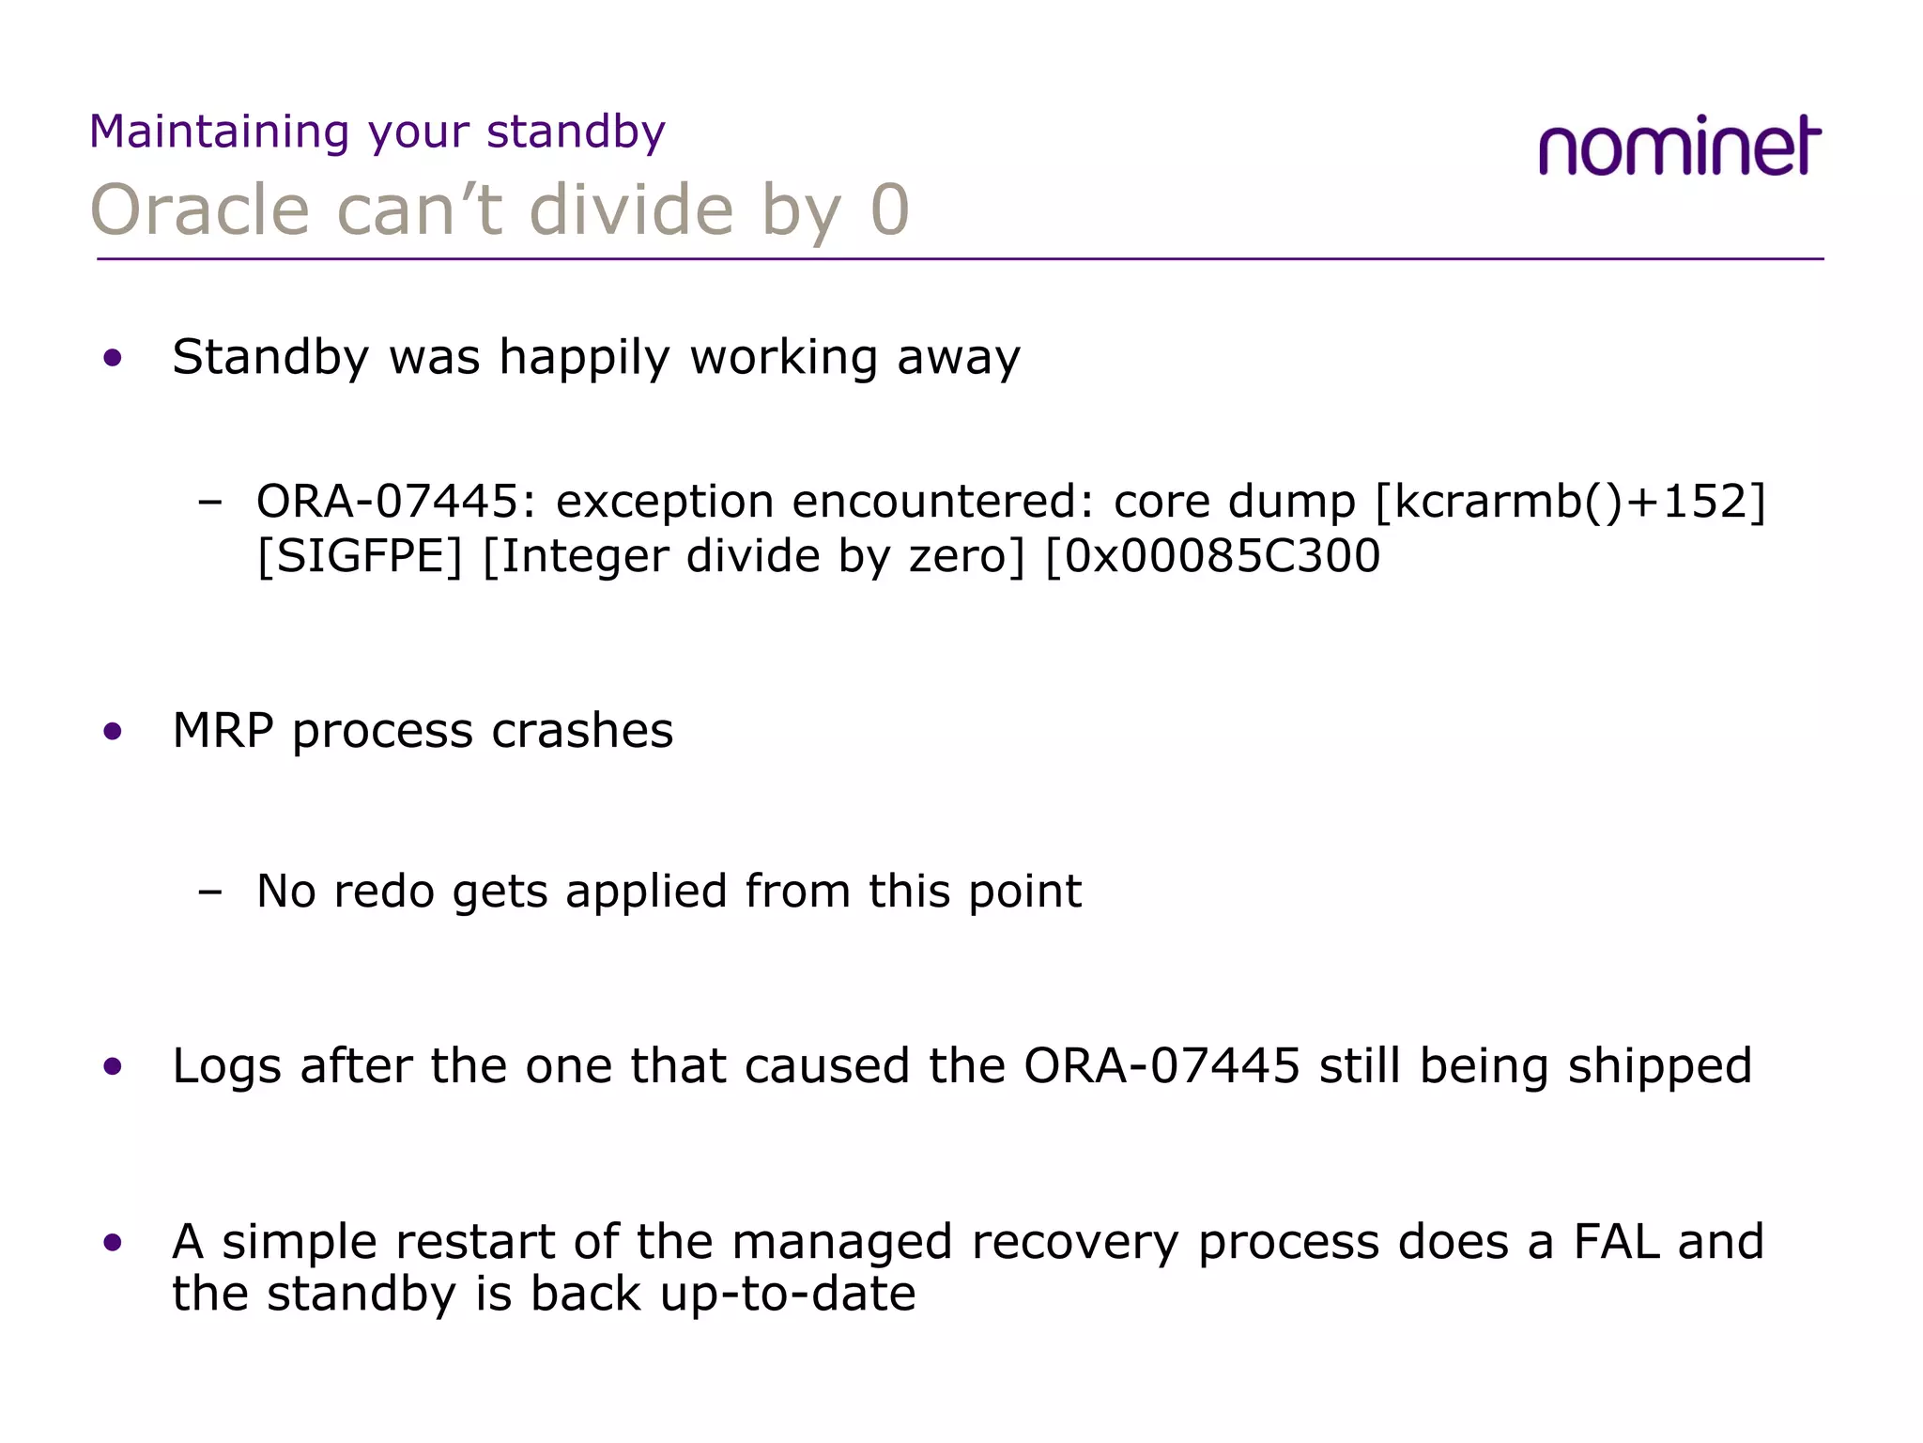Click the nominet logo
coord(1679,147)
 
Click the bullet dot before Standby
coord(114,358)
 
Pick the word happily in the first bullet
coord(584,359)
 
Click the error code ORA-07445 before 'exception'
coord(386,501)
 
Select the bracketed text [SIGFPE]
coord(360,556)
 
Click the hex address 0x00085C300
coord(1221,556)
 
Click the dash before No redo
coord(210,891)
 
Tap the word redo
coord(384,891)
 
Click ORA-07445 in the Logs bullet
coord(1161,1066)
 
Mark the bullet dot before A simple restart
coord(114,1244)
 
